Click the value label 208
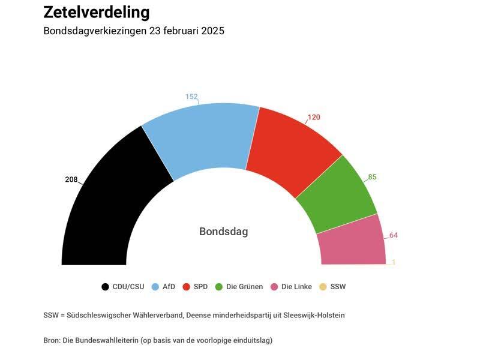[x=71, y=179]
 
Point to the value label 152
[x=191, y=97]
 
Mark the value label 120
[x=314, y=117]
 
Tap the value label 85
[x=372, y=177]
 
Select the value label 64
[x=394, y=235]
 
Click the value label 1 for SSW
[x=394, y=262]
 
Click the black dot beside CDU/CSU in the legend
[x=106, y=287]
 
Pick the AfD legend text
[x=169, y=287]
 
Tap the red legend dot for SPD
[x=187, y=287]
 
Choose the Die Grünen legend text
[x=244, y=287]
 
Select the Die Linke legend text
[x=296, y=287]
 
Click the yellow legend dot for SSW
[x=323, y=287]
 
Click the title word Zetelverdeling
[x=97, y=13]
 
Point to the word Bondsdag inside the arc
[x=223, y=232]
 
